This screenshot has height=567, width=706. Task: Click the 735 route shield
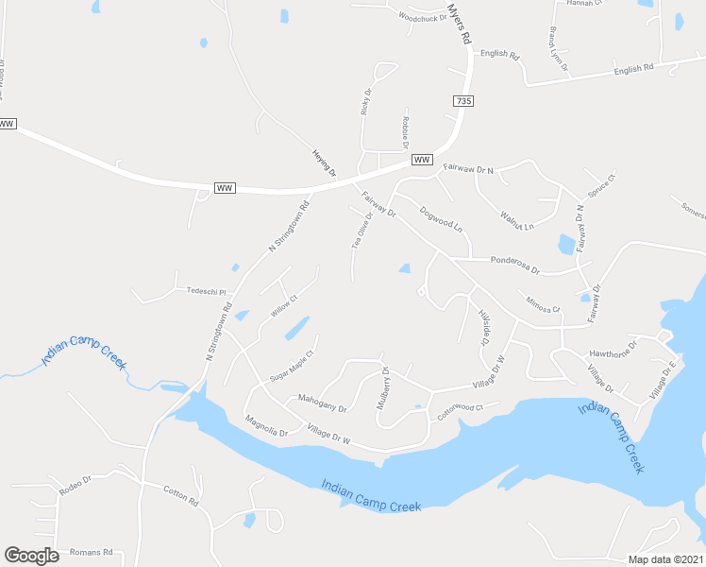(x=462, y=101)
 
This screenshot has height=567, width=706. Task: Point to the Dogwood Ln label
(x=442, y=220)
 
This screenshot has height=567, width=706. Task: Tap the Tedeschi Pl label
(x=208, y=291)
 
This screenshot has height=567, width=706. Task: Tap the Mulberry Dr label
(x=383, y=387)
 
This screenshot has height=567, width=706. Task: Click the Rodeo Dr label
(x=75, y=485)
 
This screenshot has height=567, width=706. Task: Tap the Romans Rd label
(x=94, y=552)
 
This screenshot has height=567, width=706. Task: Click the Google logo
(x=31, y=555)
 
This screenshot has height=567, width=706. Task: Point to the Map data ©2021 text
(x=665, y=559)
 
